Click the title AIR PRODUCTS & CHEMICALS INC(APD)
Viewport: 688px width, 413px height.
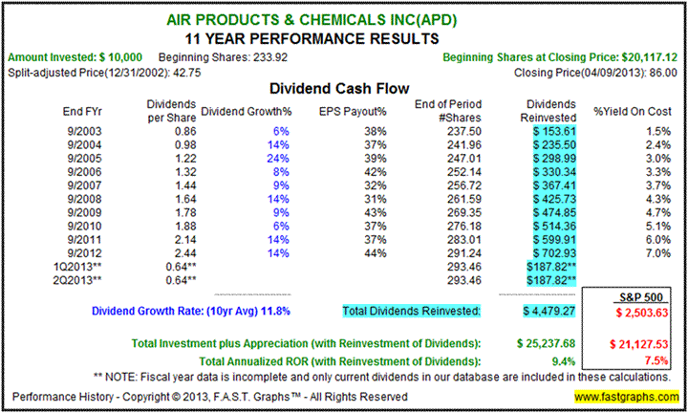343,18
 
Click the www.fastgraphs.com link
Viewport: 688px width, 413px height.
627,395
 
